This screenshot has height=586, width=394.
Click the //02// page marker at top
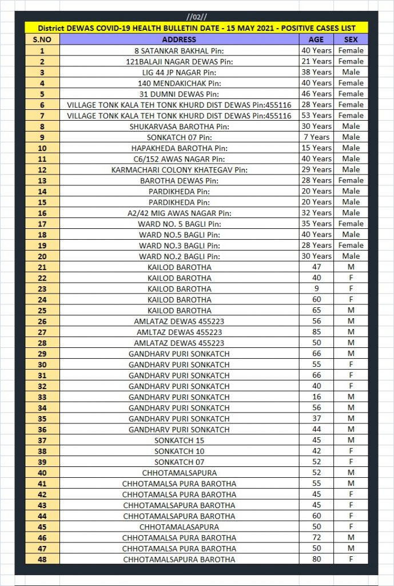[x=197, y=17]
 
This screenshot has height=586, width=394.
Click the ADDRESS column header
[x=179, y=39]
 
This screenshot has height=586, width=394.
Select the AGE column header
[x=316, y=39]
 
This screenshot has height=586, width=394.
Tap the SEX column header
[x=351, y=39]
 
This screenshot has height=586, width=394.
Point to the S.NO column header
[x=42, y=39]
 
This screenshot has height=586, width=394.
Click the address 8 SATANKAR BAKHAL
[x=179, y=50]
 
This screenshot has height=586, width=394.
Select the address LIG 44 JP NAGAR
[x=179, y=72]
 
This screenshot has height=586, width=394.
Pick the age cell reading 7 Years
[x=316, y=137]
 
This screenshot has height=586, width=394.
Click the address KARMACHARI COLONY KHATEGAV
[x=179, y=169]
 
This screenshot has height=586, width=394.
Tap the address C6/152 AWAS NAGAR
[x=179, y=159]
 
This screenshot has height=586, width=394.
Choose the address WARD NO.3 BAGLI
[x=179, y=245]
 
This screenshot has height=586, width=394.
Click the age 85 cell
[x=316, y=332]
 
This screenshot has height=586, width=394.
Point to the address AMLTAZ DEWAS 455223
[x=179, y=332]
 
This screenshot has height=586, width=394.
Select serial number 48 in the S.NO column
[x=42, y=559]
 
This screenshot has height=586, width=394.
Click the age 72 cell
[x=316, y=537]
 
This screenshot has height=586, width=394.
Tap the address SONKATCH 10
[x=179, y=451]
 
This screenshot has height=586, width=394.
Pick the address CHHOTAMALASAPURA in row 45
[x=179, y=526]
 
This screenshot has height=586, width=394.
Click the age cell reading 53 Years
[x=316, y=115]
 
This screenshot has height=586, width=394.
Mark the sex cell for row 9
[x=351, y=137]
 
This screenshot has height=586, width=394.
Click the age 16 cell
[x=316, y=397]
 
